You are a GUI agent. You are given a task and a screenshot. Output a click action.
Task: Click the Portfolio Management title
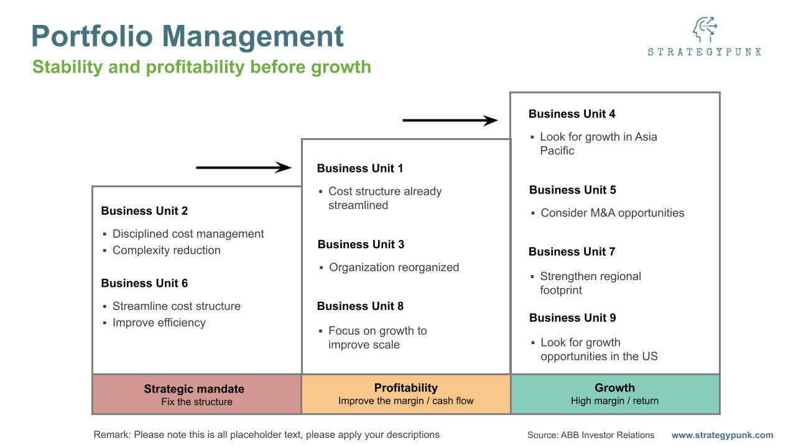(187, 36)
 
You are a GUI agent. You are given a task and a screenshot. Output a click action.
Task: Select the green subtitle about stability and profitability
(201, 67)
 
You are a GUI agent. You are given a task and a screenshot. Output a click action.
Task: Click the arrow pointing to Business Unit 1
(244, 167)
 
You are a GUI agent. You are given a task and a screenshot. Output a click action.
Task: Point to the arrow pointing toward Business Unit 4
(450, 120)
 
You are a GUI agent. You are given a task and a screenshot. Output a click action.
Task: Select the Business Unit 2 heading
(144, 211)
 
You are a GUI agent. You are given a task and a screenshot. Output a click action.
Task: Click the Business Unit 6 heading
(144, 283)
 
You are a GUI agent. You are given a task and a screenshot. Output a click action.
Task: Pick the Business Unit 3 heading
(361, 245)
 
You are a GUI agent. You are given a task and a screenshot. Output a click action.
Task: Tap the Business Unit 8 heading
(360, 306)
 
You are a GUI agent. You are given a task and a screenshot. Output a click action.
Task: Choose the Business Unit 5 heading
(573, 190)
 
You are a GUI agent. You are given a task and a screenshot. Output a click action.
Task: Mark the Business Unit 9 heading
(573, 318)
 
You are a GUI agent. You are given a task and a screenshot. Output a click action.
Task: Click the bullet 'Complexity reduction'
(166, 250)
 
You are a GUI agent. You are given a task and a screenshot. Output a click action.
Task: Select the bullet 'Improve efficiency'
(159, 322)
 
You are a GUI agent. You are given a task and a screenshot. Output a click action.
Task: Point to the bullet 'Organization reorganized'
(394, 268)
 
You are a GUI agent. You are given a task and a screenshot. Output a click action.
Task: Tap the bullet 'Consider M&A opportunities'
(612, 213)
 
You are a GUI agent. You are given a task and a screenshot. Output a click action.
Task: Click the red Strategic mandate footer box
(197, 394)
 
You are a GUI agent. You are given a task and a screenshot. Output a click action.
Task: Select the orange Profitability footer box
(406, 394)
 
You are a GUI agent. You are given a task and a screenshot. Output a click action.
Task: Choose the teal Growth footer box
(615, 394)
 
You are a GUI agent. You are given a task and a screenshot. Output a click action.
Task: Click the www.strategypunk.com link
(722, 435)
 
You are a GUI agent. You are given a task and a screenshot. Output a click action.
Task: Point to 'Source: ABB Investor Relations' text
(591, 435)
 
